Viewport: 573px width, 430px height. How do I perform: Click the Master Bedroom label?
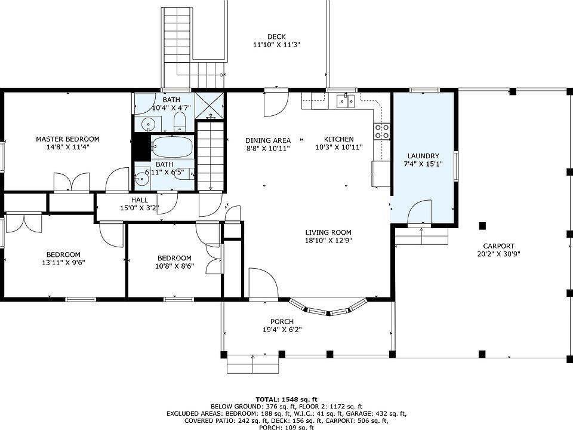coord(67,139)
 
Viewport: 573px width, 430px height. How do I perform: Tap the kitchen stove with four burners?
coord(381,131)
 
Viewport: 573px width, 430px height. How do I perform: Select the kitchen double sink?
coord(346,100)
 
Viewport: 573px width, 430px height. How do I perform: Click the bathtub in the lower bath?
coord(172,147)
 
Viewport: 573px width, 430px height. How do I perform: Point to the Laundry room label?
coord(423,156)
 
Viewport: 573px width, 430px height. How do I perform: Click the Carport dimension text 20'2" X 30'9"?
coord(498,254)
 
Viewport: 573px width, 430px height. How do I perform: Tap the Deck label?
coord(276,36)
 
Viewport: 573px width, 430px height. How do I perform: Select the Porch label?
coord(282,321)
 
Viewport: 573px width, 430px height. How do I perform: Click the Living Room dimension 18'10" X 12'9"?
coord(328,240)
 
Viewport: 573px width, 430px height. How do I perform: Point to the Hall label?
coord(140,200)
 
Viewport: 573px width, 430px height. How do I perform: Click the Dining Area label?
coord(268,140)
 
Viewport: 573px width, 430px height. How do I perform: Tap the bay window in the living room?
coord(328,308)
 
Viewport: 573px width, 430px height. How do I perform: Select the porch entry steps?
coord(253,364)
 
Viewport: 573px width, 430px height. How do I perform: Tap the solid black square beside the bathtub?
coord(142,147)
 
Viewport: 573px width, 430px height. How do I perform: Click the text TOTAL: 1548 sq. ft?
coord(286,400)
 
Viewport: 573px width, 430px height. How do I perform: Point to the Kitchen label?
coord(339,139)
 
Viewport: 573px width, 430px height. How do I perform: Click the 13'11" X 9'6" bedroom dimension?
coord(64,263)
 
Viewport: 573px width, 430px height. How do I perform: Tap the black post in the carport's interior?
coord(482,226)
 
